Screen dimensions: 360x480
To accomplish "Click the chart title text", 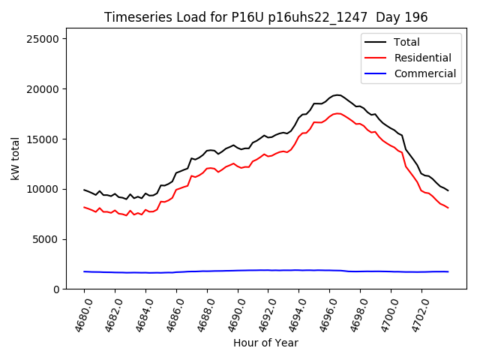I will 265,17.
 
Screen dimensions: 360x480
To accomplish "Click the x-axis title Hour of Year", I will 265,343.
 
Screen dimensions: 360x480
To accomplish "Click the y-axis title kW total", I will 15,158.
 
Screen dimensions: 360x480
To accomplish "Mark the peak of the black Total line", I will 337,95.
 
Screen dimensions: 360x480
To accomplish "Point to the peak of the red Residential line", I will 337,113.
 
